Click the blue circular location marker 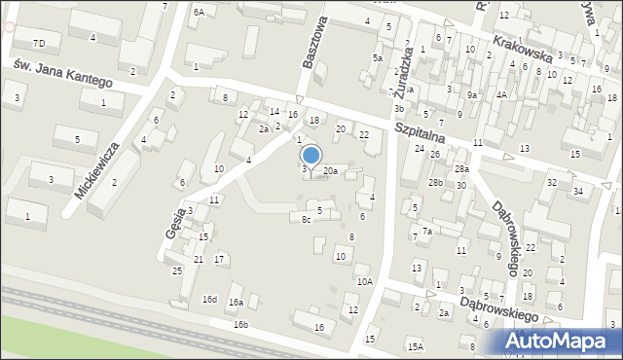311,155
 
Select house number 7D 39,44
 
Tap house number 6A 199,12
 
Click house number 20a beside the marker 331,171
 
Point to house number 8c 306,220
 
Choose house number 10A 364,281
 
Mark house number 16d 209,299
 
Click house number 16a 236,303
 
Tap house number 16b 240,324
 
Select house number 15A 416,346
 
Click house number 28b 435,182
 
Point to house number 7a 426,232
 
